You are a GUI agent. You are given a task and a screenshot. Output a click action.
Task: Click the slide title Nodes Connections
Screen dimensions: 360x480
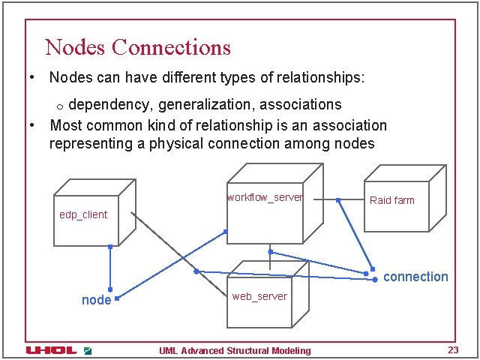coord(138,47)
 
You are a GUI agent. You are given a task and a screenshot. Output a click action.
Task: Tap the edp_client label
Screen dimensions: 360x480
coord(83,214)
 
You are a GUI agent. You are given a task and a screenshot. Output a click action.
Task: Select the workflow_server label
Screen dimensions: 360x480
coord(265,197)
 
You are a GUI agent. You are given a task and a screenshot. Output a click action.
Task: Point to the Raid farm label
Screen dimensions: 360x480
coord(391,200)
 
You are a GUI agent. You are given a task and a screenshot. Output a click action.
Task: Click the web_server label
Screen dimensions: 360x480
coord(259,296)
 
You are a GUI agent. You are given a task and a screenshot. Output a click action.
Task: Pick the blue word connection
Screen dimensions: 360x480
coord(415,277)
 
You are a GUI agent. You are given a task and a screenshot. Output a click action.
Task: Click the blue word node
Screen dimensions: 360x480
coord(96,300)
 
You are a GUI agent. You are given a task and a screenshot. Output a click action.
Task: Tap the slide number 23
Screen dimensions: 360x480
coord(452,350)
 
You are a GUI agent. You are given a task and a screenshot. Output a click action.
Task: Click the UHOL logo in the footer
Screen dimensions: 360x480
coord(52,350)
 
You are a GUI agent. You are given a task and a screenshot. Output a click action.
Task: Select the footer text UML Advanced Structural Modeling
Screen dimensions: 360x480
coord(235,350)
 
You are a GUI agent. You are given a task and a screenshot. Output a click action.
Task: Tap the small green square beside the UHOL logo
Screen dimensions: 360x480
coord(88,350)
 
